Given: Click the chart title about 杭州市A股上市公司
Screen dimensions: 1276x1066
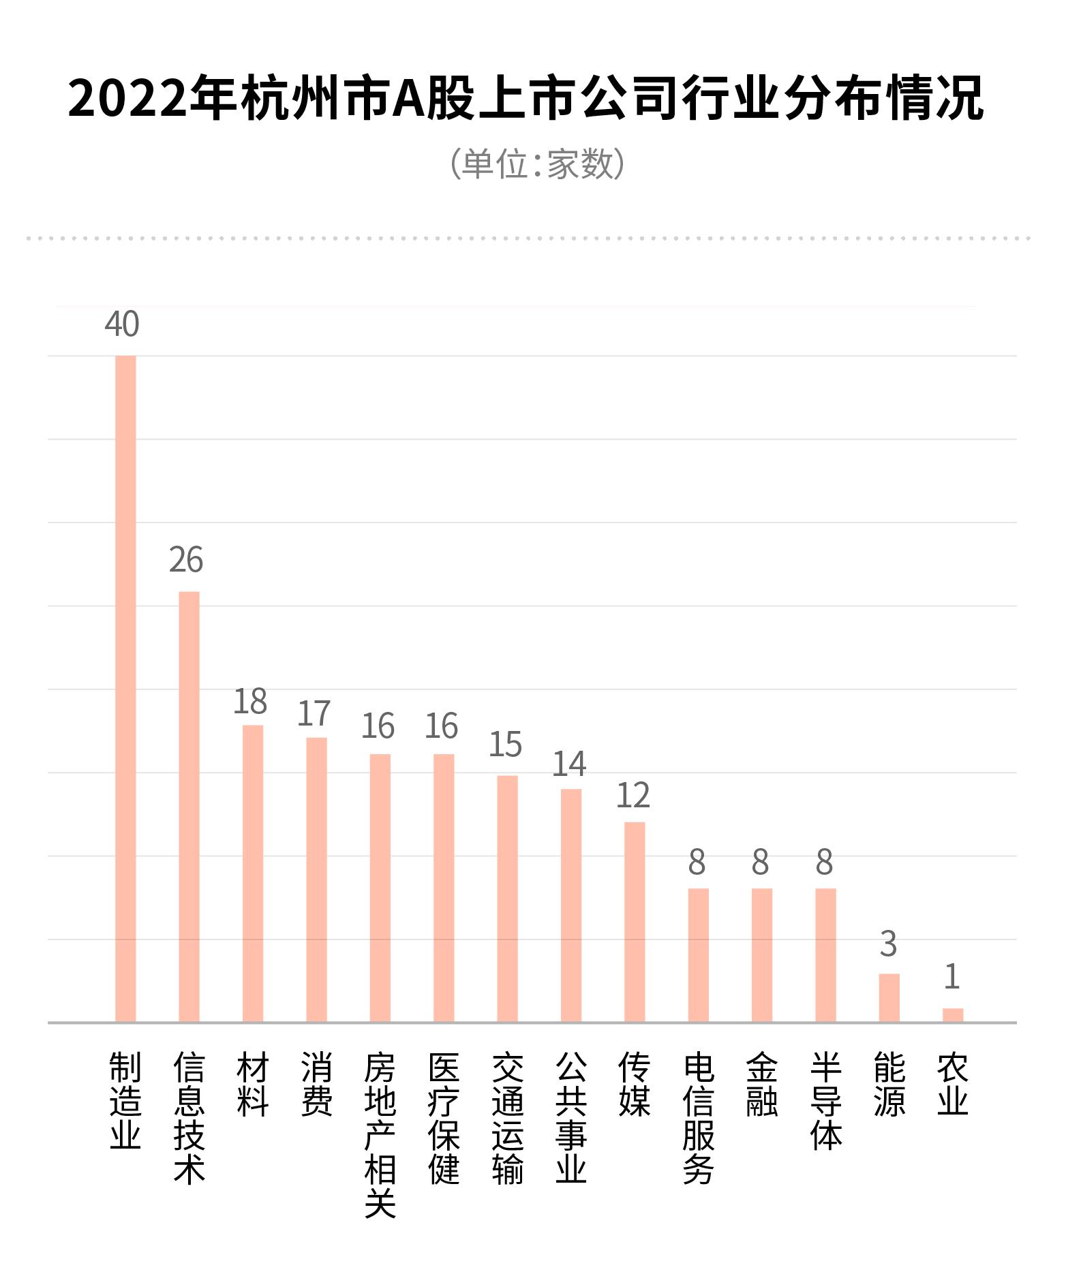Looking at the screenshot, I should [526, 99].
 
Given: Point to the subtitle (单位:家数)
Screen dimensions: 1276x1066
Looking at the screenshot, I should [537, 164].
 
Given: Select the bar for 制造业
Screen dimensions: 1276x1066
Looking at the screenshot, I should [125, 688].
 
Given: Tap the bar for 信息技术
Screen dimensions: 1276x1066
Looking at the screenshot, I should [189, 807].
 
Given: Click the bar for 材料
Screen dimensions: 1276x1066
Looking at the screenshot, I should [253, 873].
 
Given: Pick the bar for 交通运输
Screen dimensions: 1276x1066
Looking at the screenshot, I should [507, 899].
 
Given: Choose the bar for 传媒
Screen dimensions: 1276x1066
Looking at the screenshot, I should [635, 922].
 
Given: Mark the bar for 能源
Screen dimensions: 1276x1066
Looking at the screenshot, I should [889, 997].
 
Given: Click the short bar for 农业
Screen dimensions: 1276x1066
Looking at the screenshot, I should [953, 1014].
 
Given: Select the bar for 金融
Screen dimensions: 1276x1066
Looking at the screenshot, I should [762, 955].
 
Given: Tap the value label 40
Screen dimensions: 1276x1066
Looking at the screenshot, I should [122, 324].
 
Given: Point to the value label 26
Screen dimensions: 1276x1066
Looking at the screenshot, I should [186, 560].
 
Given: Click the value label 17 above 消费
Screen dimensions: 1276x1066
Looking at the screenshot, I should [314, 713].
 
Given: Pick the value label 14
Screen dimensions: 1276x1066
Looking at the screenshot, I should [569, 764].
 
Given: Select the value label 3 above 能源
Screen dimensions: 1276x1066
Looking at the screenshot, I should [888, 944].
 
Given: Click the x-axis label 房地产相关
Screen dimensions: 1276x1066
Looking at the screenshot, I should [380, 1135].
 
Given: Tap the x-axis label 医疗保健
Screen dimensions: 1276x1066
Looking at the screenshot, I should [444, 1118].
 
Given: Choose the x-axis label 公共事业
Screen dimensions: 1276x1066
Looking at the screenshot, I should [571, 1118].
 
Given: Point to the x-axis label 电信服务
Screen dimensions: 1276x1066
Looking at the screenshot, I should [699, 1118].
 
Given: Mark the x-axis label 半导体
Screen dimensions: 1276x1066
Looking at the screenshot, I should [826, 1101].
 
